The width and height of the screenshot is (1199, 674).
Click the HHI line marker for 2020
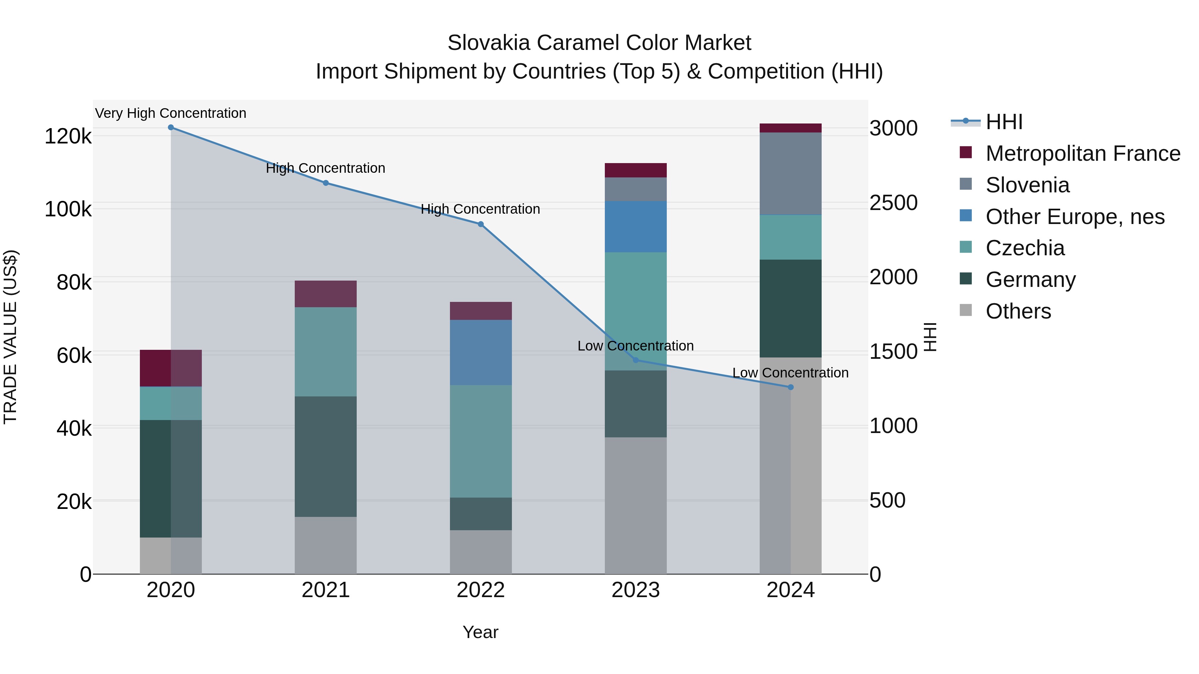click(x=171, y=127)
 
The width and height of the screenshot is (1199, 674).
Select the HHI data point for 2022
click(x=481, y=224)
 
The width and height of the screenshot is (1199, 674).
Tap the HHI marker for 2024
click(x=790, y=387)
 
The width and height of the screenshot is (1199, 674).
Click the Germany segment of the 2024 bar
click(x=790, y=309)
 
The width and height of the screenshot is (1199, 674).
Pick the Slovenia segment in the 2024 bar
click(x=790, y=173)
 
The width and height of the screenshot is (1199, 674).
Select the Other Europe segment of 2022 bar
click(x=481, y=352)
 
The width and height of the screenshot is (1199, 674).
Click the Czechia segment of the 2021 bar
click(x=326, y=352)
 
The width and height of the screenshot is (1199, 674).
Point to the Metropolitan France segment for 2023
click(x=635, y=170)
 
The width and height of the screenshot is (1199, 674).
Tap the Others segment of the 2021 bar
click(x=326, y=545)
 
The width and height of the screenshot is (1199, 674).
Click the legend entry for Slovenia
click(x=1027, y=185)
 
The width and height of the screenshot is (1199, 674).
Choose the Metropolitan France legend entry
click(x=1083, y=153)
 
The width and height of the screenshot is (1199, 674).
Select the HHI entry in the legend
click(x=1004, y=122)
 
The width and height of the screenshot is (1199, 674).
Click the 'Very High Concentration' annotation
click(x=171, y=113)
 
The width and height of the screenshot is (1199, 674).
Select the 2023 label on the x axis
click(x=635, y=590)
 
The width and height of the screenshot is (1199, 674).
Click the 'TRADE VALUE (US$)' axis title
click(x=10, y=337)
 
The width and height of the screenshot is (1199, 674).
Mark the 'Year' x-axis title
click(x=480, y=632)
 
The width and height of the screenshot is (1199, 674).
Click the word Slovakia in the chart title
click(x=489, y=43)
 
